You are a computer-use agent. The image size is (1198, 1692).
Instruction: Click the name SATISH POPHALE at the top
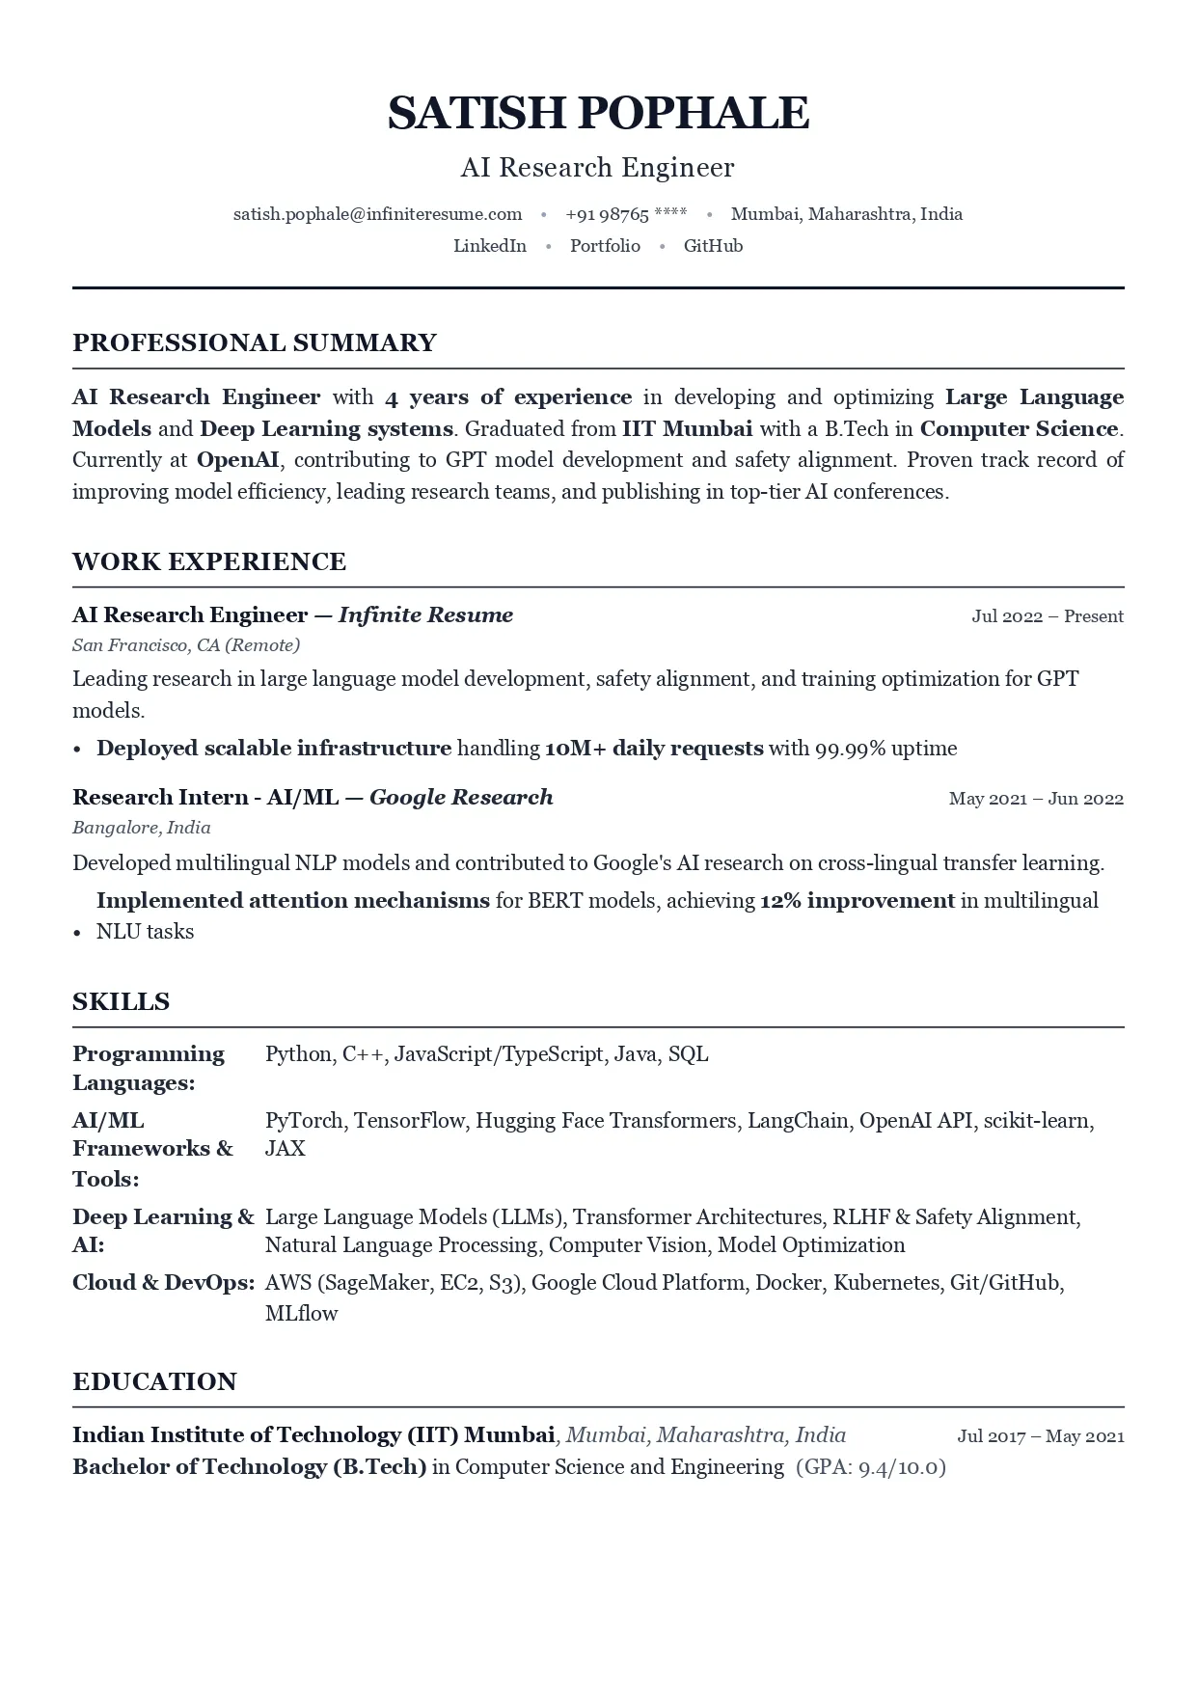[x=598, y=113]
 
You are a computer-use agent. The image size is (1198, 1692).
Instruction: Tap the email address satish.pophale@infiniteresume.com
[x=377, y=214]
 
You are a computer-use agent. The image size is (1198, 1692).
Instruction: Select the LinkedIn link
[x=490, y=246]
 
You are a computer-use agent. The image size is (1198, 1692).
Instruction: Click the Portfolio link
[x=605, y=246]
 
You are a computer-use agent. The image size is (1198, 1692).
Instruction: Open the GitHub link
[x=713, y=246]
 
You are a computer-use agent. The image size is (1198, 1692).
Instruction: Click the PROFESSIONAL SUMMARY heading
[x=255, y=342]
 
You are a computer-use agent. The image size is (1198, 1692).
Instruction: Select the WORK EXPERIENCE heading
[x=209, y=561]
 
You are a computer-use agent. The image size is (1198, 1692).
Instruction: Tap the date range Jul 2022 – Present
[x=1048, y=616]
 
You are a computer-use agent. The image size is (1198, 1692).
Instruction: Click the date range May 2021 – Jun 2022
[x=1036, y=799]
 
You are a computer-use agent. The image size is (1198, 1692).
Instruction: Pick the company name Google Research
[x=461, y=797]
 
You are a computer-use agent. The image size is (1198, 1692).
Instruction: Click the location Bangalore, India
[x=142, y=828]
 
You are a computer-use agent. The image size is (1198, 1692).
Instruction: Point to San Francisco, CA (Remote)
[x=186, y=645]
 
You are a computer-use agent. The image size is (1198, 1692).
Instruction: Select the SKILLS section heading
[x=121, y=1001]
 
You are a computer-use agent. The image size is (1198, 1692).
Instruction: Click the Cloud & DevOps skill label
[x=163, y=1283]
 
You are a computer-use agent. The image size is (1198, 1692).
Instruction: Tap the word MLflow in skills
[x=301, y=1313]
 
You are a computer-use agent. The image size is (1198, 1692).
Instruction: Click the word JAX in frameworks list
[x=285, y=1149]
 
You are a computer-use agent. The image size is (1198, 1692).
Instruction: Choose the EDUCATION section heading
[x=154, y=1381]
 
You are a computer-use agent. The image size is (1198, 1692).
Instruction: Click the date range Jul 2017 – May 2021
[x=1041, y=1436]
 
